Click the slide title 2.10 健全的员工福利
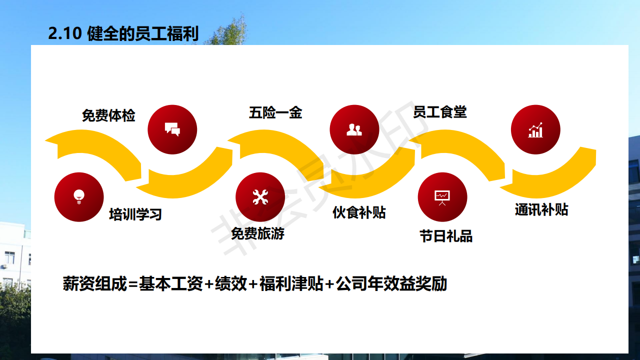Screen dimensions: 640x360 point(123,33)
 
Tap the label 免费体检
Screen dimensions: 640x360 point(108,115)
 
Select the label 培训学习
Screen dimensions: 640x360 point(135,214)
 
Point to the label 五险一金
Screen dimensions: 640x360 point(275,112)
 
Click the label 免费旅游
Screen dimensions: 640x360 point(257,233)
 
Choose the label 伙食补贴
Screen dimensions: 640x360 point(359,212)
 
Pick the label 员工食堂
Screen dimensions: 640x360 point(440,112)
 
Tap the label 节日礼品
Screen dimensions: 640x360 point(446,236)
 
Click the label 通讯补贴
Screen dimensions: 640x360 point(541,209)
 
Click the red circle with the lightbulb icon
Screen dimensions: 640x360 point(79,197)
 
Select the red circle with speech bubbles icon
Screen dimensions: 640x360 point(172,129)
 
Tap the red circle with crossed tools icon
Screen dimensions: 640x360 point(260,197)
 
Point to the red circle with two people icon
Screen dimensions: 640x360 point(354,129)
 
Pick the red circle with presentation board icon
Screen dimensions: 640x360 point(442,197)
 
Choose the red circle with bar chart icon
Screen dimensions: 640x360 point(535,129)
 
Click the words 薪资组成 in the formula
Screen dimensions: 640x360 point(94,283)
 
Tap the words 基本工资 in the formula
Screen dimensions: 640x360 point(171,283)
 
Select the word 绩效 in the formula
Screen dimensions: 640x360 point(231,283)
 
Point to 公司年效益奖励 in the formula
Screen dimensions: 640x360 point(391,283)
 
